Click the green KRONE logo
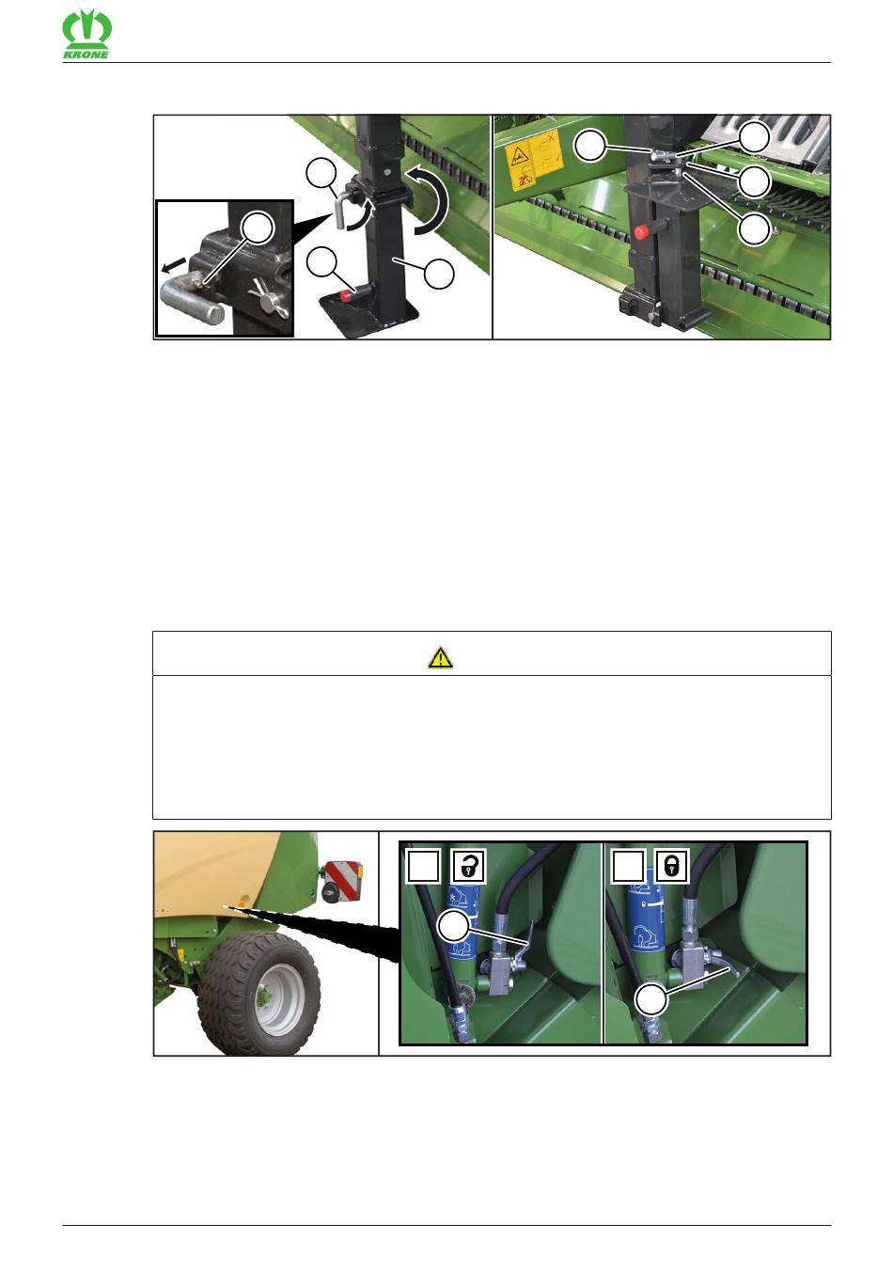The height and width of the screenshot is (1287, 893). (x=86, y=36)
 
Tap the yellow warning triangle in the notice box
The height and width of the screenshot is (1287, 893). (x=440, y=657)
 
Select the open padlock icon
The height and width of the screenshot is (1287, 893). (x=469, y=866)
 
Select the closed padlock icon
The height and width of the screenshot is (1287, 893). (x=671, y=866)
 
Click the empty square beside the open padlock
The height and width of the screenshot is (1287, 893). (x=424, y=866)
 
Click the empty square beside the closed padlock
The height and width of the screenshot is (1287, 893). (x=628, y=866)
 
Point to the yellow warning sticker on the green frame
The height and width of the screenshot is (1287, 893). (x=533, y=160)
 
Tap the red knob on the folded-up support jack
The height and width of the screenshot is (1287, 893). (x=640, y=231)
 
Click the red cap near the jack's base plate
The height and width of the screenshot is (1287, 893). (x=346, y=295)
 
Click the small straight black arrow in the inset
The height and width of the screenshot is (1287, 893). (x=174, y=265)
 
